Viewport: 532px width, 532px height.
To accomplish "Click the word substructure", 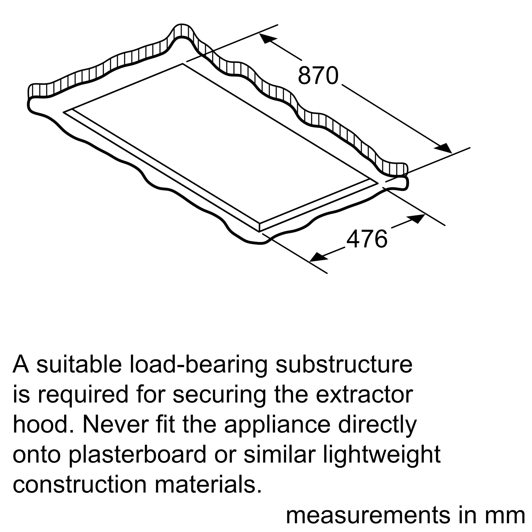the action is (344, 365).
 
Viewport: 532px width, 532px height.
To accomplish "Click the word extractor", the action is (364, 396).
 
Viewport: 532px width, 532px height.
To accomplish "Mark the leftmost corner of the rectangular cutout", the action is (64, 112).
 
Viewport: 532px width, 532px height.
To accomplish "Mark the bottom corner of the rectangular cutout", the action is (259, 231).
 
